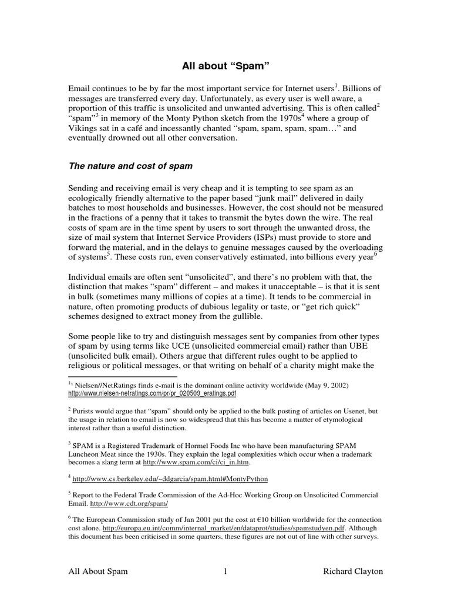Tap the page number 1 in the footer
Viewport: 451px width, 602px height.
pos(225,571)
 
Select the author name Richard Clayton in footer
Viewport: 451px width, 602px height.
pos(352,571)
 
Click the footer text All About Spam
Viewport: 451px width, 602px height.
pos(98,571)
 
